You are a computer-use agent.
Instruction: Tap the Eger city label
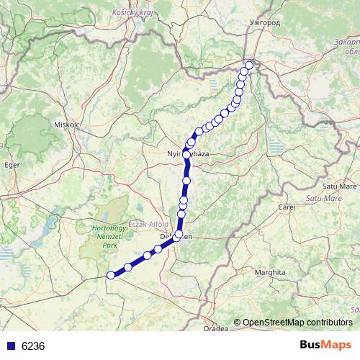(x=11, y=165)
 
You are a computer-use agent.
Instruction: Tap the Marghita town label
(x=273, y=273)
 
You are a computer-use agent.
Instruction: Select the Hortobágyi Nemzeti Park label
(x=109, y=235)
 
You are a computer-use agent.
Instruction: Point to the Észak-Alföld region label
(x=148, y=224)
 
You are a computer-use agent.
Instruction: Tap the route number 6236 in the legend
(x=33, y=346)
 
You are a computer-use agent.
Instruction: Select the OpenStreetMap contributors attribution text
(x=297, y=322)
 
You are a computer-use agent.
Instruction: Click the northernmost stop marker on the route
(x=249, y=66)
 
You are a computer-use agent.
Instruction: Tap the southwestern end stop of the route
(x=111, y=275)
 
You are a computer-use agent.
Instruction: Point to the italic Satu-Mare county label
(x=323, y=197)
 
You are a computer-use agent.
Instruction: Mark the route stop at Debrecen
(x=177, y=235)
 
